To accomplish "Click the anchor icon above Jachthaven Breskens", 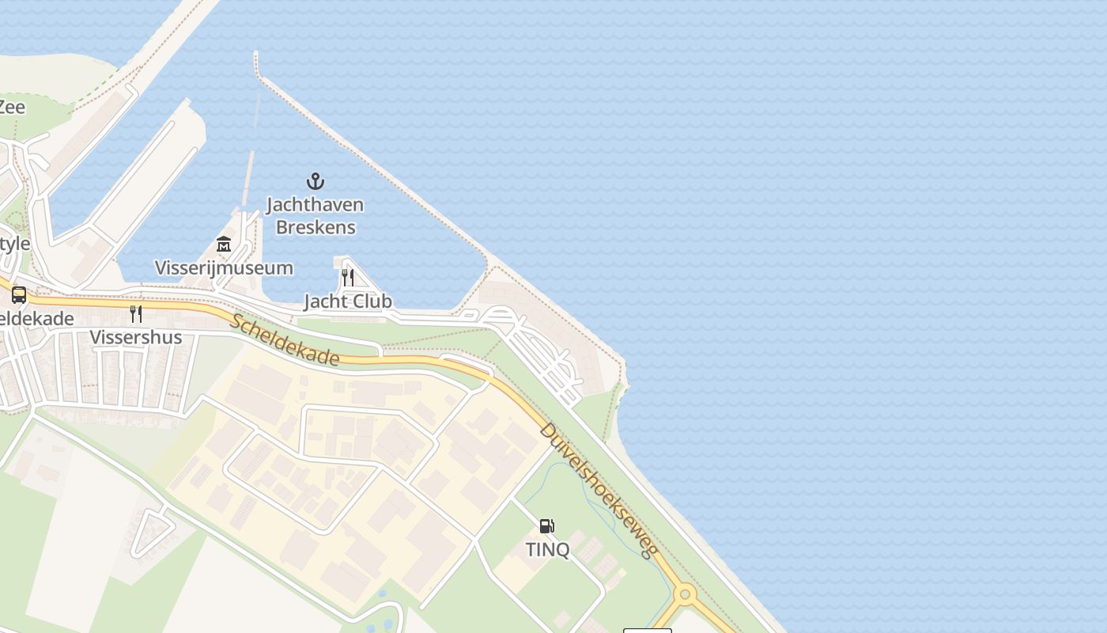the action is pos(315,181).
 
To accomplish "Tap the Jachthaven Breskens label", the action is pos(315,216).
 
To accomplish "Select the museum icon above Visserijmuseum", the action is pos(224,244).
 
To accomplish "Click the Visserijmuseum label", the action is pos(224,268).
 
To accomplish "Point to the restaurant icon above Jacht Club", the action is pos(348,277).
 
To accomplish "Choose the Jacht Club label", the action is pos(348,301).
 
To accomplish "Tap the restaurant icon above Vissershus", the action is pos(136,314).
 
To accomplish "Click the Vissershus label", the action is pos(136,338).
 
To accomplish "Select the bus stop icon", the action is pos(19,295).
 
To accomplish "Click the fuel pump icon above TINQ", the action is pos(546,525).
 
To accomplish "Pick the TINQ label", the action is pos(547,549).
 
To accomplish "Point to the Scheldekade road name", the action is pos(285,340).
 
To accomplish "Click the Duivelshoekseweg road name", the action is pos(599,491).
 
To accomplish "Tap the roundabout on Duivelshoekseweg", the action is pos(685,593).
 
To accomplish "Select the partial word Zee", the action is pos(12,107).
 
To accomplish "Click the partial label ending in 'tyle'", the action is pos(14,244).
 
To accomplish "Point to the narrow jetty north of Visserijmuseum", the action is pos(249,178).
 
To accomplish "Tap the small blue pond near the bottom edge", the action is pos(383,593).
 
